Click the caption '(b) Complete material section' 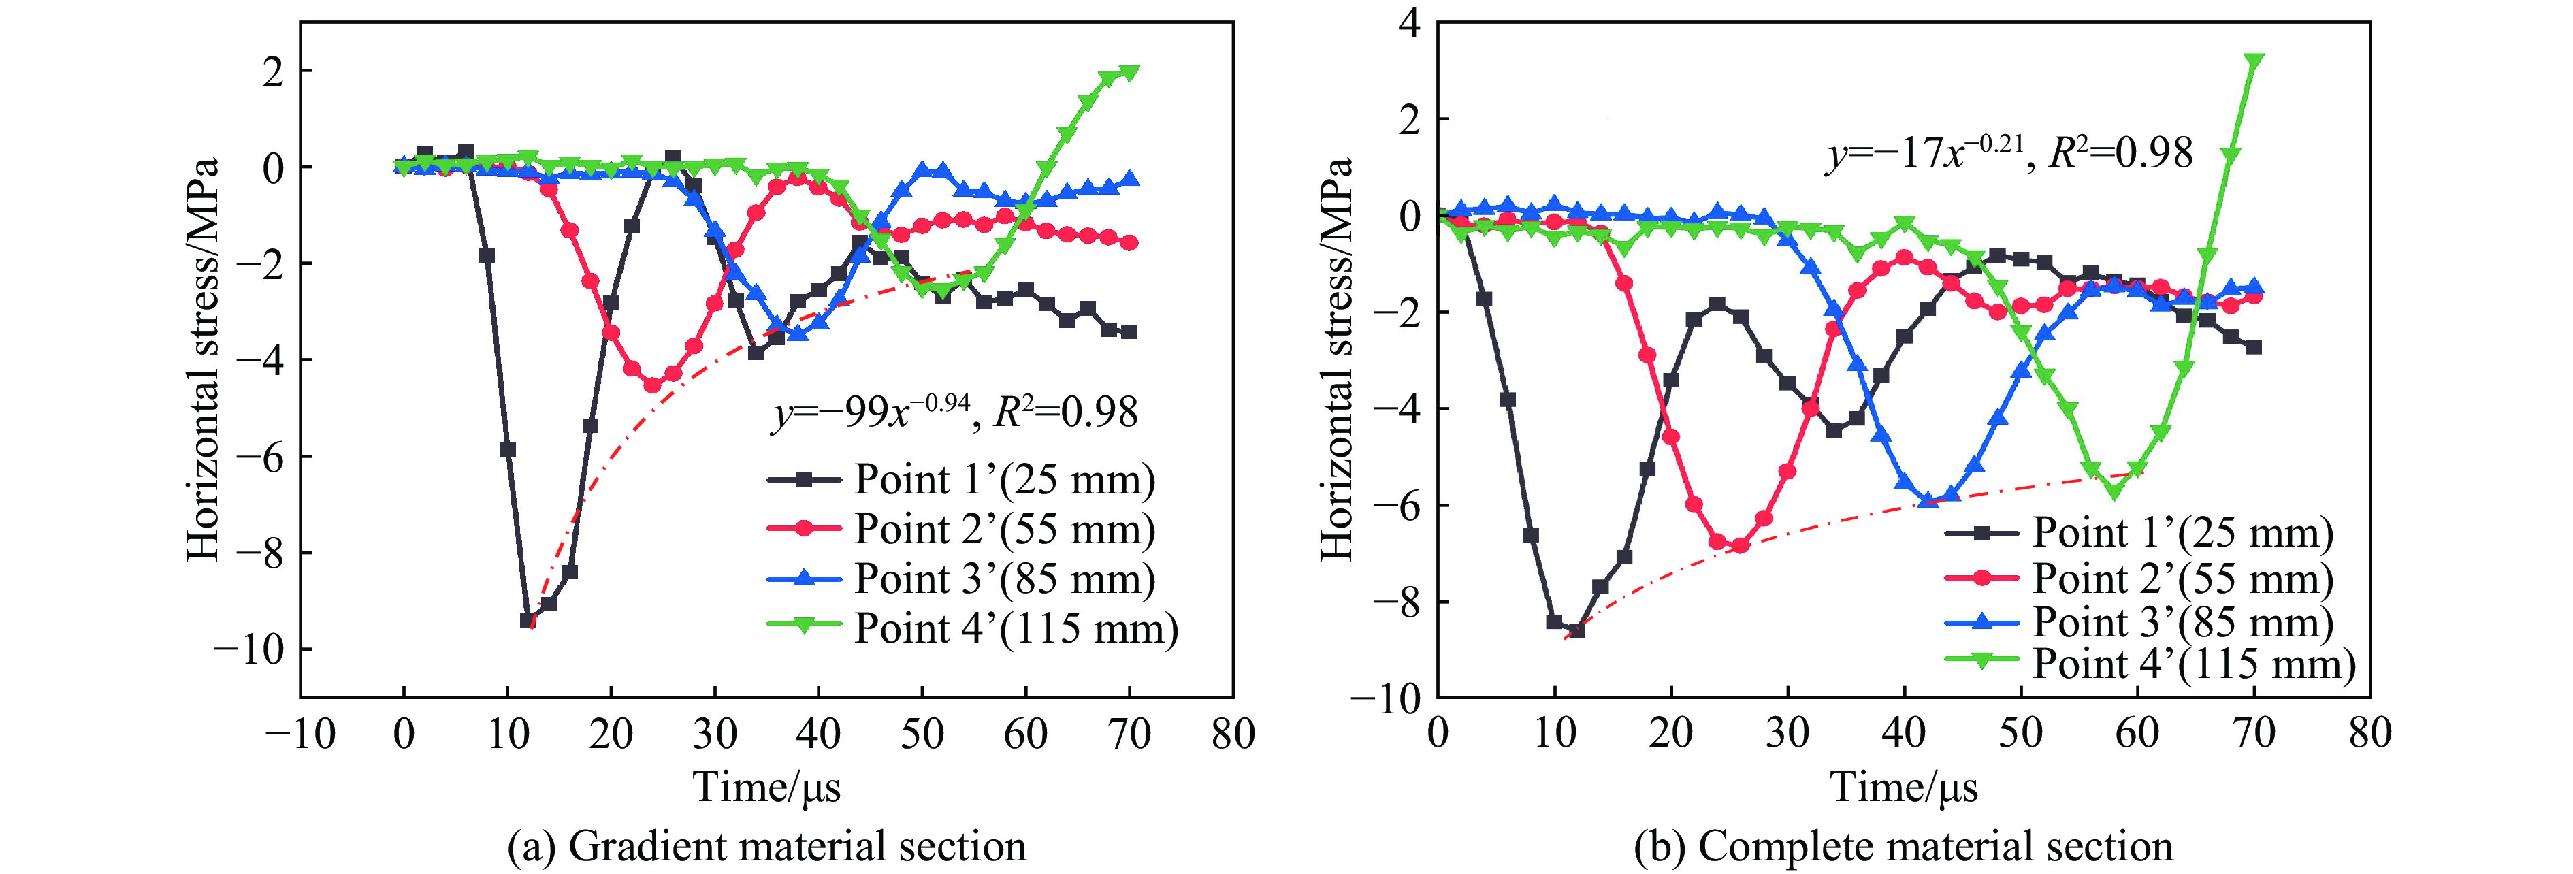tap(1903, 846)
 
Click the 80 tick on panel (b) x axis tap(2370, 734)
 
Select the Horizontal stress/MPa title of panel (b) tap(1336, 359)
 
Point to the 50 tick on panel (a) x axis tap(922, 734)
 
